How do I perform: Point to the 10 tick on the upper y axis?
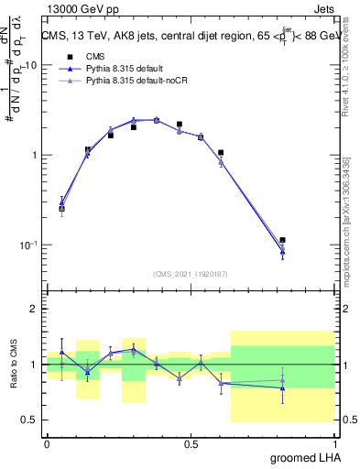[33, 66]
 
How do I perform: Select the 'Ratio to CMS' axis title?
[13, 364]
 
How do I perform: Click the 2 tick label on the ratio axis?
[36, 309]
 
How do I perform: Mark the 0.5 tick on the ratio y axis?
[32, 420]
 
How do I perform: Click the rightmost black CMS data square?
[282, 240]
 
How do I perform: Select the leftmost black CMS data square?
[61, 209]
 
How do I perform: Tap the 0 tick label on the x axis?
[47, 442]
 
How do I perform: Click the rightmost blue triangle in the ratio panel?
[282, 387]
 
